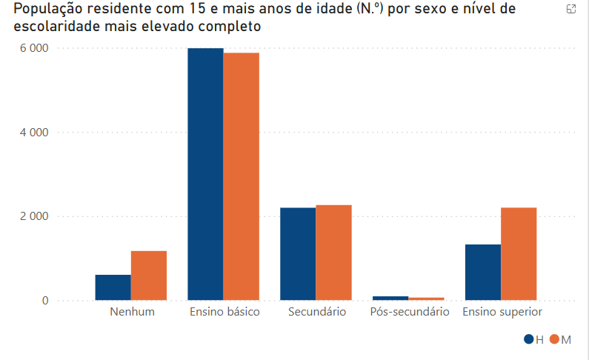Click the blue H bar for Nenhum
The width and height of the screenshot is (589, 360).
tap(113, 287)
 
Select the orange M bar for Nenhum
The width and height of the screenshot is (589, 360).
tap(149, 276)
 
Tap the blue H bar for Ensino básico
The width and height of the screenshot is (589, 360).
tap(205, 174)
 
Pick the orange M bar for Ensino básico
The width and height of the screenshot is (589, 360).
tap(242, 176)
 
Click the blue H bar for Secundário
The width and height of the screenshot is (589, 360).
tap(298, 254)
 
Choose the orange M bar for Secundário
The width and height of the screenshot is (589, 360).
tap(333, 253)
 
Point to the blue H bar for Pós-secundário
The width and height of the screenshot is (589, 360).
tap(390, 298)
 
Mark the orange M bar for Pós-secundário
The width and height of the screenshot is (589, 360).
tap(426, 299)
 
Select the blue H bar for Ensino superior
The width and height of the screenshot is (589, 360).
tap(483, 273)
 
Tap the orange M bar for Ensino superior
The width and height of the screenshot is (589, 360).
tap(519, 254)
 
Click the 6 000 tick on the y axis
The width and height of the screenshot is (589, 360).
tap(34, 48)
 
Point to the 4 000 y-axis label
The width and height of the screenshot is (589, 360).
tap(34, 133)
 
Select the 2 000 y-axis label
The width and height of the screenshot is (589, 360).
tap(34, 216)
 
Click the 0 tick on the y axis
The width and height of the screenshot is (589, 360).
tap(45, 301)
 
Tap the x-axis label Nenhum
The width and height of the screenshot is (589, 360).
tap(132, 312)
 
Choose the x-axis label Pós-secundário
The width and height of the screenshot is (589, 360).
tap(409, 312)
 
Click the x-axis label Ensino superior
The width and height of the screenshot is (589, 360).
tap(502, 312)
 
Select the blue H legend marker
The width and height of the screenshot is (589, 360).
tap(529, 339)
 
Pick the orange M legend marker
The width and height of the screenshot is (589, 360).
tap(555, 339)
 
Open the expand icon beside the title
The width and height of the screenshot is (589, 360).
tap(571, 10)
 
